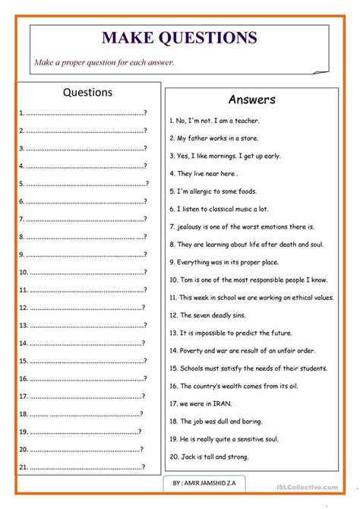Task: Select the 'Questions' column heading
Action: (x=87, y=93)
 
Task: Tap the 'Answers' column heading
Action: (x=251, y=100)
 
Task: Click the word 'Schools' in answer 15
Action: (x=194, y=368)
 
